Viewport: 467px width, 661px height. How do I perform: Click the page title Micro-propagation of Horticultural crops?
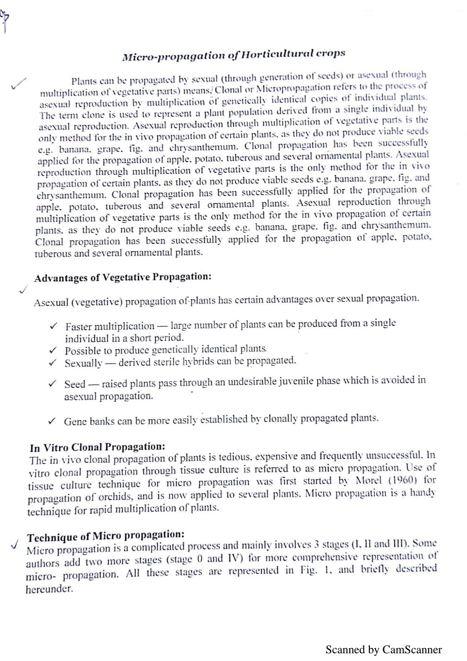click(233, 55)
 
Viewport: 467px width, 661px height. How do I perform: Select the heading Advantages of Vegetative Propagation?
click(122, 277)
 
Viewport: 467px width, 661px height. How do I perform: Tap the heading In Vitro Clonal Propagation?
click(97, 447)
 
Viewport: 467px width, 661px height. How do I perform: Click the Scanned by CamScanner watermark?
click(383, 650)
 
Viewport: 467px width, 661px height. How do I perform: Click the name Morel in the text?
click(368, 480)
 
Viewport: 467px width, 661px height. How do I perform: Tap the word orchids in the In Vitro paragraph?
click(115, 497)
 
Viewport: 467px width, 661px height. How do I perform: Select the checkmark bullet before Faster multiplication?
click(54, 326)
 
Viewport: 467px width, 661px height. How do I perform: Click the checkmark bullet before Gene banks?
click(52, 421)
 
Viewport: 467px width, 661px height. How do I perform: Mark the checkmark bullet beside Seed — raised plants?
click(52, 384)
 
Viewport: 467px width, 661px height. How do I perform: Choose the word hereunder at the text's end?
click(49, 589)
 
